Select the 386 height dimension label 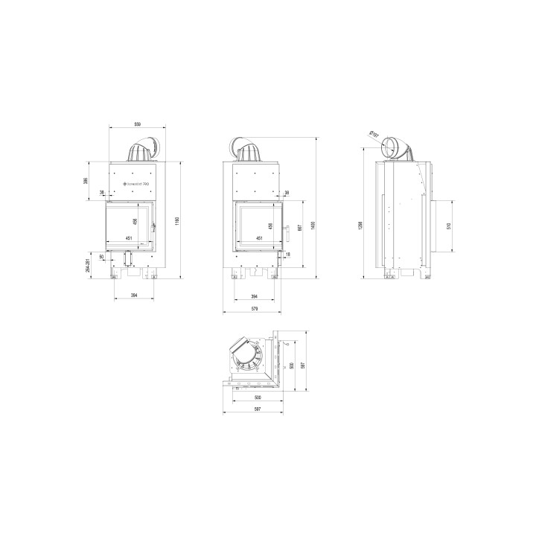(x=86, y=181)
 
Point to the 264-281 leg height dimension (x=89, y=266)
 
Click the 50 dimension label (x=101, y=257)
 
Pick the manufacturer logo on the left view (x=135, y=181)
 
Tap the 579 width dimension (x=255, y=308)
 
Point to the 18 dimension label (x=287, y=255)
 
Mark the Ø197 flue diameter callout (x=373, y=135)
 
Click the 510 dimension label (x=448, y=226)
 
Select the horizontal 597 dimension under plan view (x=255, y=409)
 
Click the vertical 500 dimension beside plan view (x=292, y=365)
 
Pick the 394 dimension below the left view (x=134, y=296)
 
